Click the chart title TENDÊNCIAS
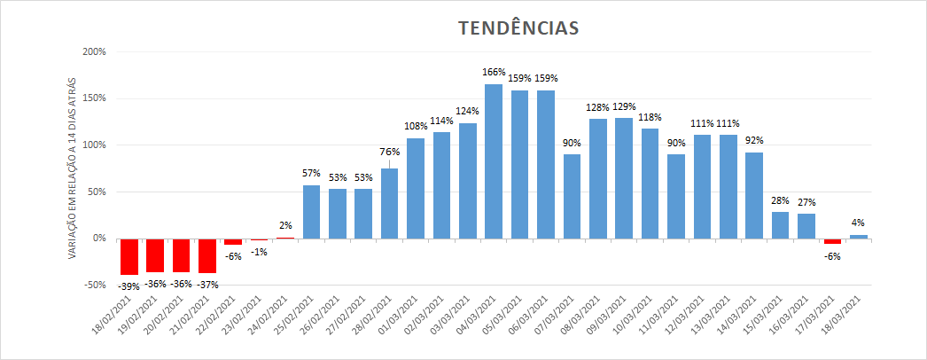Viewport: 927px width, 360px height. coord(518,28)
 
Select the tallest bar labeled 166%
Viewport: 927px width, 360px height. coord(494,160)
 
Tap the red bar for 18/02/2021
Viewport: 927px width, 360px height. coord(129,256)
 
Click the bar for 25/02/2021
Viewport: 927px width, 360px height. coord(311,211)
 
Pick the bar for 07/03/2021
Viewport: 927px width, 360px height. coord(572,196)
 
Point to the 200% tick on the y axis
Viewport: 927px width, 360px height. coord(93,51)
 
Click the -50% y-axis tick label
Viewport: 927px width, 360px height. coord(93,285)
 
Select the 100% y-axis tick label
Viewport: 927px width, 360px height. coord(93,145)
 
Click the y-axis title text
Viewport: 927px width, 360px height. coord(73,168)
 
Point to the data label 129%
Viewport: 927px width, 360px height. coord(624,107)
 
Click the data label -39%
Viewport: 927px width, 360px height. coord(129,285)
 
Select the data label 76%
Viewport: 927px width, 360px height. coord(390,152)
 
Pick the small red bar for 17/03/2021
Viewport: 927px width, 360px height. coord(832,241)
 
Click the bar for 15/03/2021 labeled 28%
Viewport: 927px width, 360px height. coord(780,224)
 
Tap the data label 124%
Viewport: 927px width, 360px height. coord(468,112)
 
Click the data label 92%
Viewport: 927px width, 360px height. coord(754,140)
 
